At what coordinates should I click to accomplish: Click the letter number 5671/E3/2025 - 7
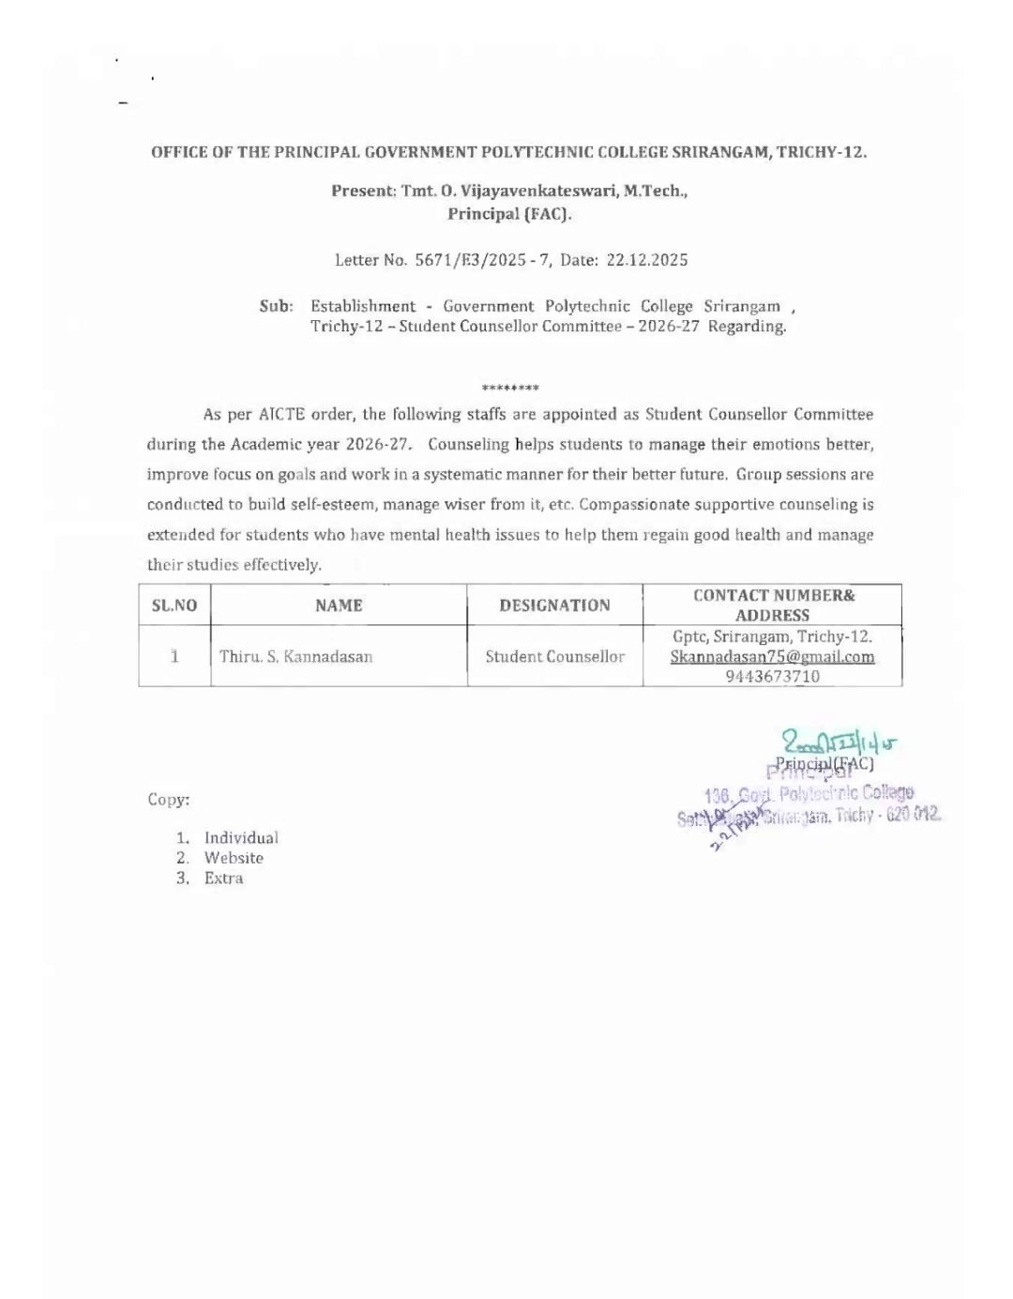pos(483,260)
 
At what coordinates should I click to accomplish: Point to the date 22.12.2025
pos(647,260)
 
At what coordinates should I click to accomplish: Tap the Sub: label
pos(276,306)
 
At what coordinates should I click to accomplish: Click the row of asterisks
pos(510,388)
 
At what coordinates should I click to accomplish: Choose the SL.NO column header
pos(174,605)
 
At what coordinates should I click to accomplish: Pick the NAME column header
pos(339,605)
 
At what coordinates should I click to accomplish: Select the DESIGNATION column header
pos(554,605)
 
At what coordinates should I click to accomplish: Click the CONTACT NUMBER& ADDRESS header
pos(773,605)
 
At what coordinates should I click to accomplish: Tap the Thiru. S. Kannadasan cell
pos(295,656)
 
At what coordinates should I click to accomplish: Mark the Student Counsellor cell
pos(554,656)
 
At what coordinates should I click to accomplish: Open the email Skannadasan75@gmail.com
pos(772,657)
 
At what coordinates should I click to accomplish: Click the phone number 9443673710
pos(772,676)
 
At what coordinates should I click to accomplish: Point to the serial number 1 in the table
pos(174,656)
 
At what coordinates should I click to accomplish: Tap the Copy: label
pos(168,800)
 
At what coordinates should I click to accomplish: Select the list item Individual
pos(241,837)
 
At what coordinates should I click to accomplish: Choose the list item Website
pos(234,858)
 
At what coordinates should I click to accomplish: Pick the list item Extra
pos(223,879)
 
